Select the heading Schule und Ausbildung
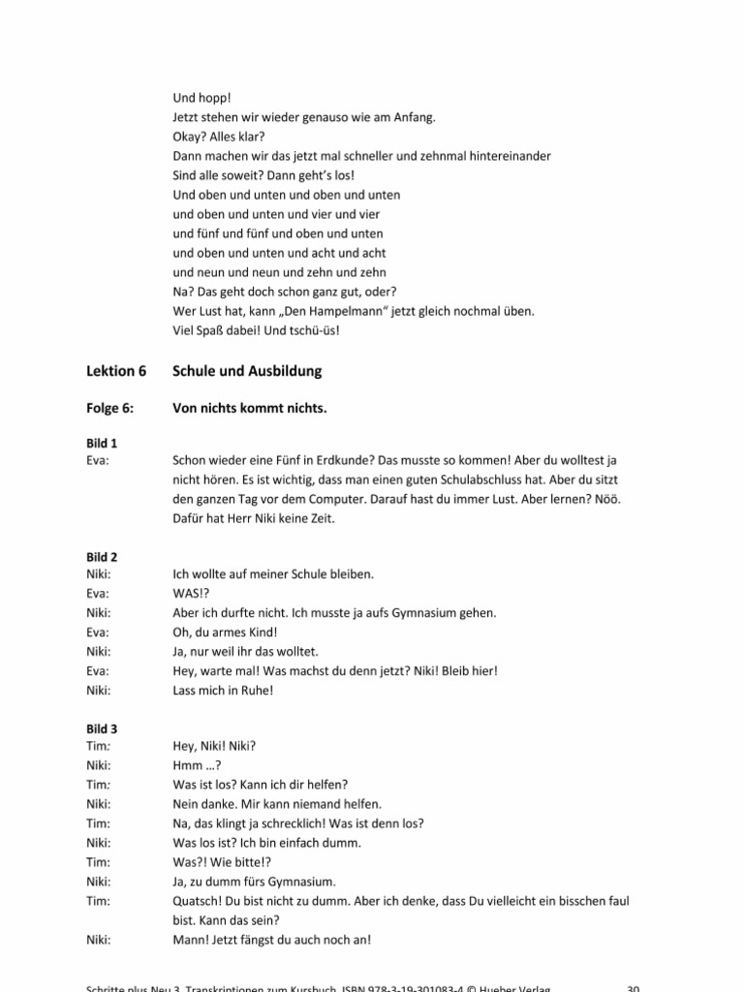(247, 371)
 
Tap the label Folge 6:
(108, 409)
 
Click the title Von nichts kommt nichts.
(250, 409)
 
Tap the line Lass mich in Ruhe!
(220, 690)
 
